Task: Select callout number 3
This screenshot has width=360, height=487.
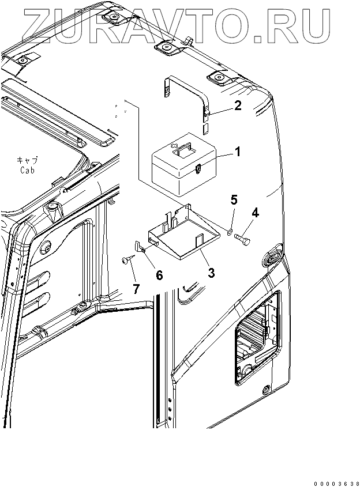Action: coord(211,272)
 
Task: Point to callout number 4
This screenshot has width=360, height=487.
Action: coord(254,213)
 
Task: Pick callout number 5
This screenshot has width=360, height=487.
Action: coord(234,200)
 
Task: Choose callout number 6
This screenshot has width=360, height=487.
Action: coord(159,275)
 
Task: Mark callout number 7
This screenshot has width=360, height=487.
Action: coord(136,289)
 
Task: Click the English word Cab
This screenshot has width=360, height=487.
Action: coord(27,170)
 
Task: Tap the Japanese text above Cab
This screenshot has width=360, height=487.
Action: coord(27,161)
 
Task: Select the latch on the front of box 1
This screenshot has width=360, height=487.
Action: coord(198,169)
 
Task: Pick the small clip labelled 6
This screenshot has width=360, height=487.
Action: coord(141,246)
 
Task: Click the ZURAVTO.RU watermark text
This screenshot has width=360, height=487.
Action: coord(173,21)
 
